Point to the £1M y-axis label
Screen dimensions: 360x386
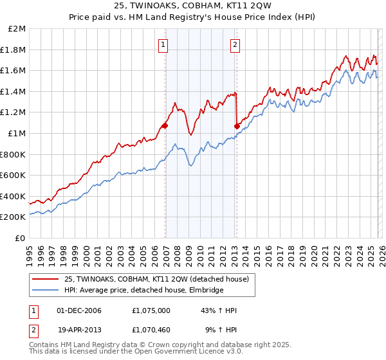pyautogui.click(x=17, y=134)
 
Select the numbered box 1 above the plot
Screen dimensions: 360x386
pyautogui.click(x=164, y=44)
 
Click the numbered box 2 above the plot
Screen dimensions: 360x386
pyautogui.click(x=235, y=44)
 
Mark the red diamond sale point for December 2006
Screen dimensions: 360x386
pyautogui.click(x=165, y=125)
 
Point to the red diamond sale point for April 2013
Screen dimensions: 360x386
pyautogui.click(x=237, y=125)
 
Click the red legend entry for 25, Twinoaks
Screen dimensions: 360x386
pyautogui.click(x=157, y=278)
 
